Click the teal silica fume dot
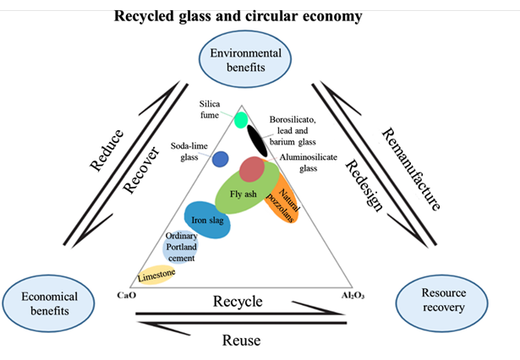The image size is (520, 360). pyautogui.click(x=241, y=120)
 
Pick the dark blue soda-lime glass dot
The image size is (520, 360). pyautogui.click(x=221, y=158)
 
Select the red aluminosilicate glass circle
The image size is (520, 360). pyautogui.click(x=253, y=169)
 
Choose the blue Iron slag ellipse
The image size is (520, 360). pyautogui.click(x=206, y=220)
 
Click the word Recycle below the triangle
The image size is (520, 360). pyautogui.click(x=237, y=302)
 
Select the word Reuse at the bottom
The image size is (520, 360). pyautogui.click(x=240, y=341)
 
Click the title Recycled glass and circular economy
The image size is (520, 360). pyautogui.click(x=238, y=16)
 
